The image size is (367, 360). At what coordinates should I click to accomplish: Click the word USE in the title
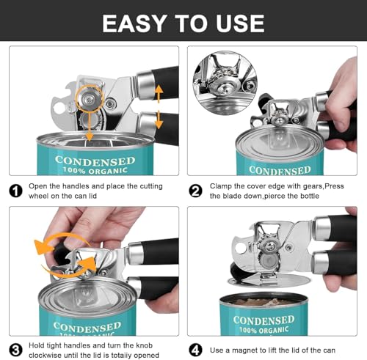pos(239,22)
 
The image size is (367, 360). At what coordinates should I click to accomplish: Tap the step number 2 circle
pos(196,191)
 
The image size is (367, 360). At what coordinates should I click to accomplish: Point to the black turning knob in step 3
pos(60,254)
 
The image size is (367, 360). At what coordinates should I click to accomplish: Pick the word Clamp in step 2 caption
pos(222,186)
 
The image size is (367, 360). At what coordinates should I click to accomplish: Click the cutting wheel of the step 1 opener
pos(90,95)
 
